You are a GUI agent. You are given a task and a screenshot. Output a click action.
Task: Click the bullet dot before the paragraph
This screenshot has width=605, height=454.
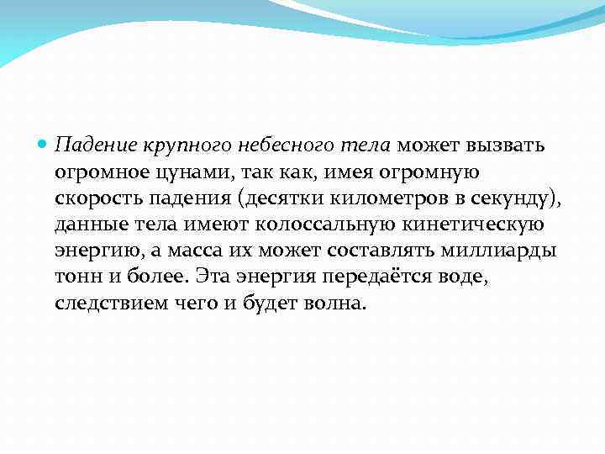pyautogui.click(x=45, y=145)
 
